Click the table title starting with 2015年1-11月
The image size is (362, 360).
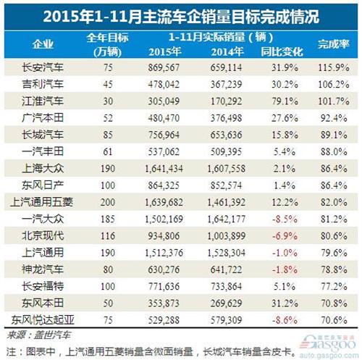[x=181, y=13]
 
